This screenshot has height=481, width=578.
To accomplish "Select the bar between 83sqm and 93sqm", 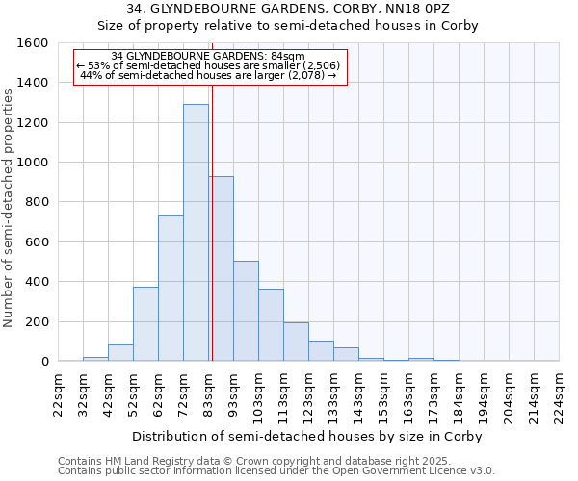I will point(221,269).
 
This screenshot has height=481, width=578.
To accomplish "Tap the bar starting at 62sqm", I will point(171,289).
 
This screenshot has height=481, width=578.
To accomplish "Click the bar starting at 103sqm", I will point(271,325).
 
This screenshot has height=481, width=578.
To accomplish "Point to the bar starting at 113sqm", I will point(296,342).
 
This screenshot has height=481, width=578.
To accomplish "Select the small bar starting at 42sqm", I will point(120,353).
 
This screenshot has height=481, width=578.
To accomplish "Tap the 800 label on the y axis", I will point(39,202).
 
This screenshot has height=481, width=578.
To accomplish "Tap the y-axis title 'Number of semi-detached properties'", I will point(11,203).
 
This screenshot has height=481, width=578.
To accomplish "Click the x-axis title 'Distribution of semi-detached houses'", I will point(306,436).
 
